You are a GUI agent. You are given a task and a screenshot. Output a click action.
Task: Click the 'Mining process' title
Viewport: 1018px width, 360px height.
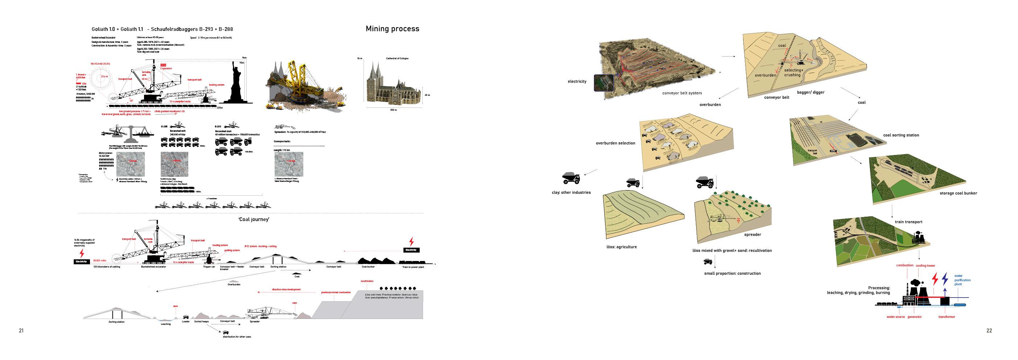tap(392, 29)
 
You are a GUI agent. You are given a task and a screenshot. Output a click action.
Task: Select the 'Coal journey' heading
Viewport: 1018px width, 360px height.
tap(254, 219)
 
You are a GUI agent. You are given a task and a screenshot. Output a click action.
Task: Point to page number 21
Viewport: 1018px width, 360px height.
tap(21, 331)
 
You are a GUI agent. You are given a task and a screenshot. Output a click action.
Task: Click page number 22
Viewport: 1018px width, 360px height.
tap(989, 331)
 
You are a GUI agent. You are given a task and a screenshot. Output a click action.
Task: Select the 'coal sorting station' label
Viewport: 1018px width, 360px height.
tap(901, 135)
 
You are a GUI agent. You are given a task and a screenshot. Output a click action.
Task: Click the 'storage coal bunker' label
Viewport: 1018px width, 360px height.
tap(959, 193)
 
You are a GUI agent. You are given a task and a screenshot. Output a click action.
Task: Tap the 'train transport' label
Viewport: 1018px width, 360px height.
tap(908, 222)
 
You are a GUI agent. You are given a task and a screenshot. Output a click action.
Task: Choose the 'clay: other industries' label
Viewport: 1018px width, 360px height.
tap(571, 192)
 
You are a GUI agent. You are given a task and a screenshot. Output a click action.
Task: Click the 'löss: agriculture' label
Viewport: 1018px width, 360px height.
tap(621, 247)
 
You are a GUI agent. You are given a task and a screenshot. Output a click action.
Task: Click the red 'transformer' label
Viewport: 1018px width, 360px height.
tap(947, 317)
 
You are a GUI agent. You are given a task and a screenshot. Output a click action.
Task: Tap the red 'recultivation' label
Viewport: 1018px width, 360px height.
tap(367, 281)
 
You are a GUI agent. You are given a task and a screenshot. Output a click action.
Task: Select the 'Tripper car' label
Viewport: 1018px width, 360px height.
tap(209, 267)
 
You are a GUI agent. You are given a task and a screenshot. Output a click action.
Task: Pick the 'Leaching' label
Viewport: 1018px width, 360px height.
tap(165, 324)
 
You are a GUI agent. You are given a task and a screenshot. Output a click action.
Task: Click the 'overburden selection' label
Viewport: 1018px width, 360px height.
tap(615, 143)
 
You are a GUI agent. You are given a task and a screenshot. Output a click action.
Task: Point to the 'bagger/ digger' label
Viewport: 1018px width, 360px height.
tap(810, 93)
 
